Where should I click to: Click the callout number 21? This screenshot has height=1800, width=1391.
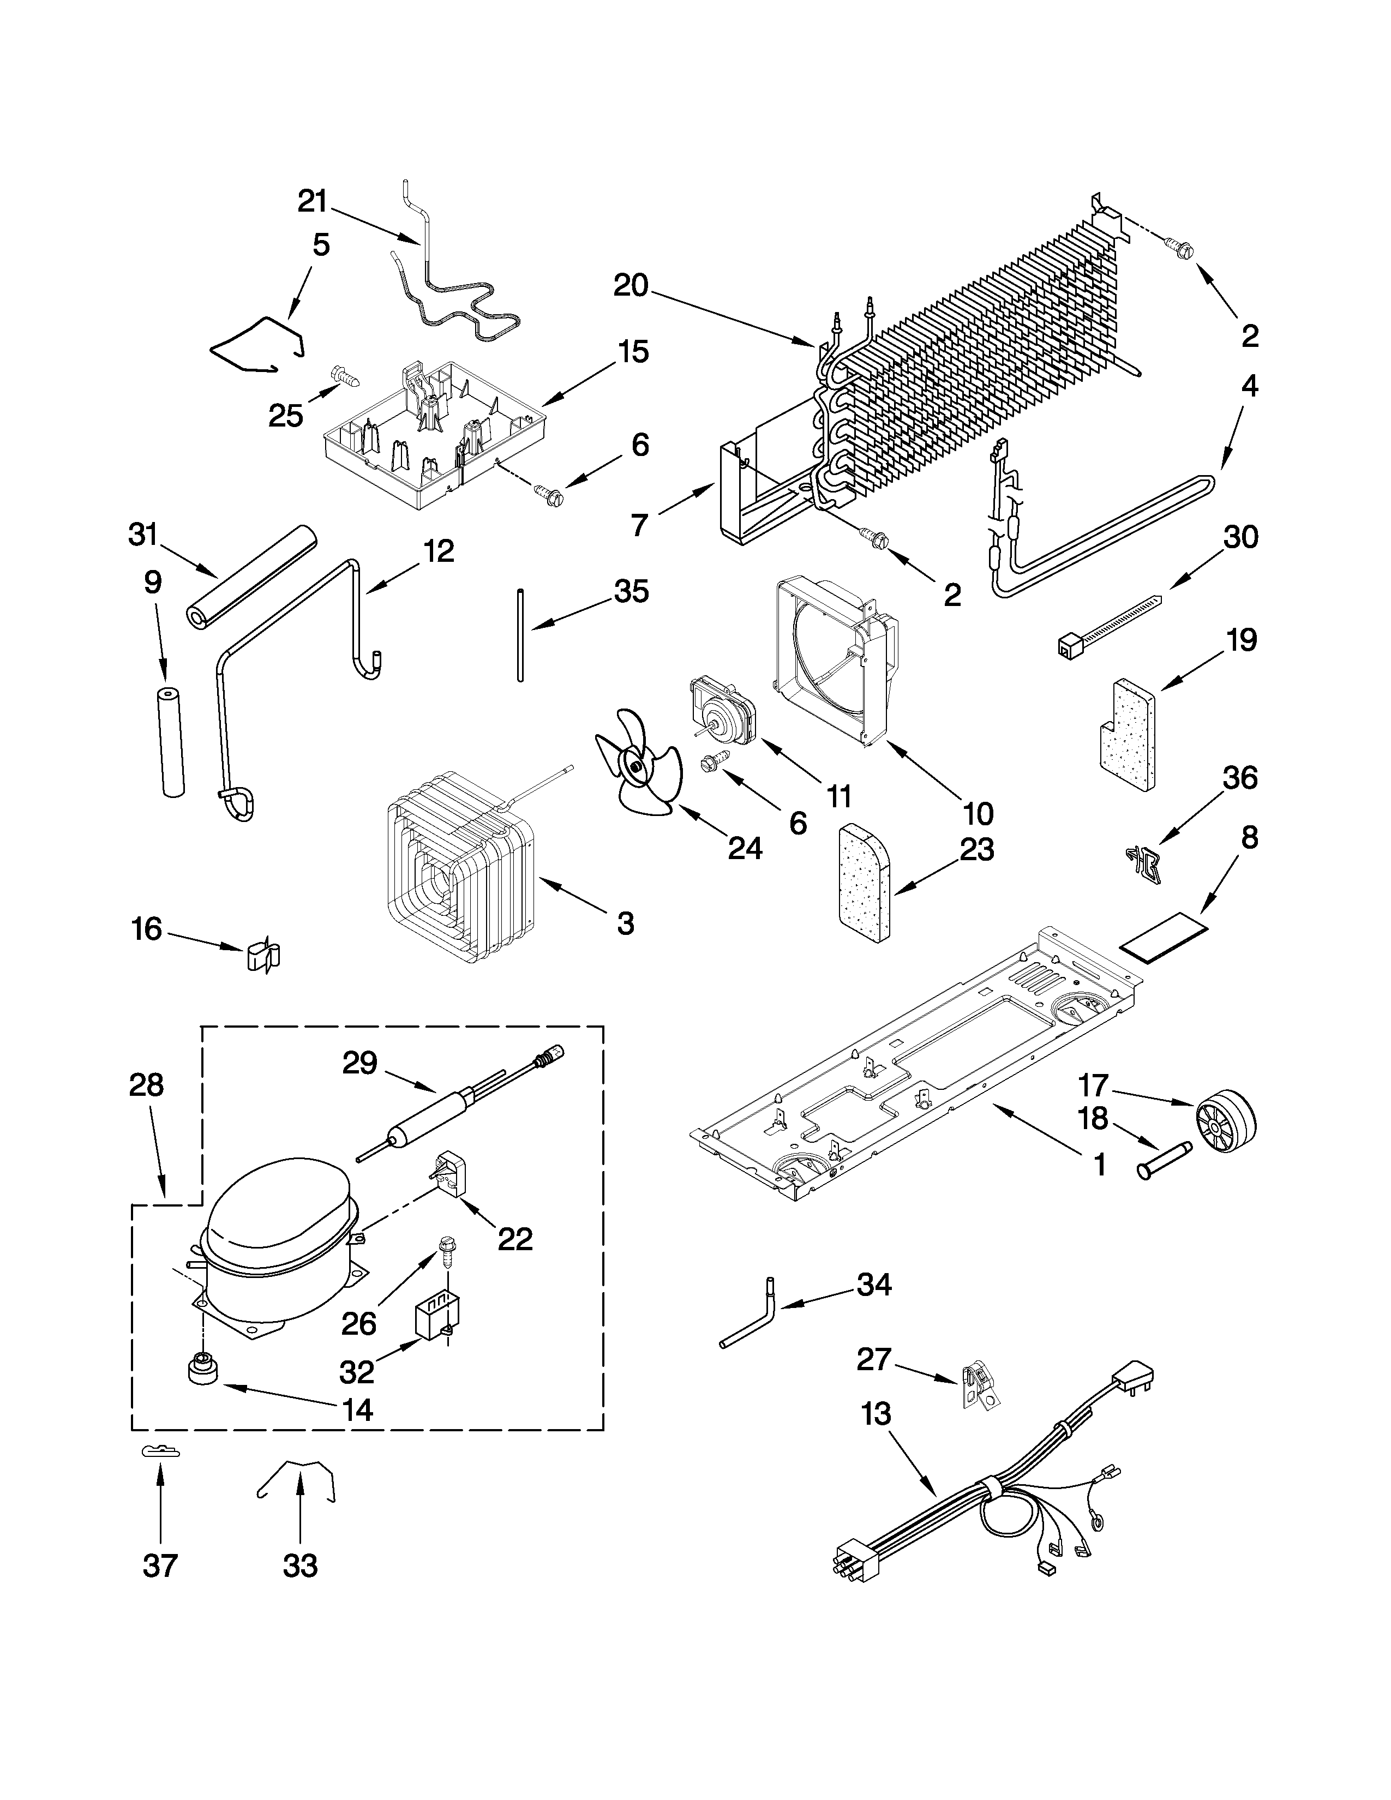(x=313, y=201)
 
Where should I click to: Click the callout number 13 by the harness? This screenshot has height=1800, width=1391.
(x=876, y=1414)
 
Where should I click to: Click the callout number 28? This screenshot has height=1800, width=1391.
(x=147, y=1085)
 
